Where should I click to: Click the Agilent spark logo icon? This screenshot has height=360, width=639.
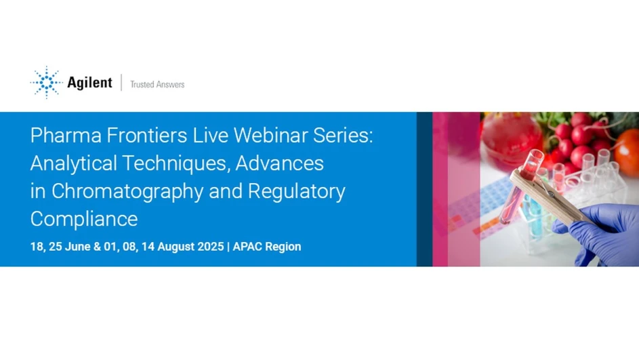coord(46,83)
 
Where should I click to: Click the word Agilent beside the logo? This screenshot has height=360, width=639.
coord(89,83)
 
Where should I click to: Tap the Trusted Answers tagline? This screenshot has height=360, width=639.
coord(157,85)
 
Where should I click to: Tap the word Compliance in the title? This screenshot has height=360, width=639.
coord(84,219)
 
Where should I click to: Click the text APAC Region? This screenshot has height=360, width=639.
coord(267,247)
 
